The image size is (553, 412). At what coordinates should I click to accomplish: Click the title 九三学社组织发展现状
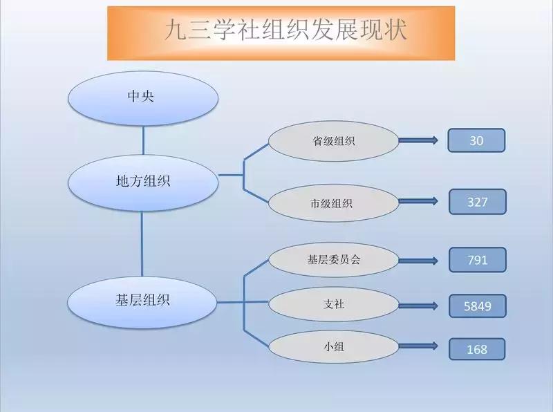(x=281, y=32)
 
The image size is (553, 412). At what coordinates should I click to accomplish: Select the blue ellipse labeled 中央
(x=143, y=97)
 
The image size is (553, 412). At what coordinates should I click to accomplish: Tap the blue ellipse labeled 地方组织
(x=143, y=181)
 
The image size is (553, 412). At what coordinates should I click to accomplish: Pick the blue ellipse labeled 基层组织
(x=143, y=300)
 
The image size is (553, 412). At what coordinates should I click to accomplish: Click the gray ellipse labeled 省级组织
(x=334, y=141)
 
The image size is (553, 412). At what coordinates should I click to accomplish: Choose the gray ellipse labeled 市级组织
(x=334, y=203)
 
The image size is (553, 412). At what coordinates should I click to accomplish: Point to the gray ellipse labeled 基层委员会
(x=334, y=260)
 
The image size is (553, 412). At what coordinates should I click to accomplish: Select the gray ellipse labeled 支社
(x=334, y=303)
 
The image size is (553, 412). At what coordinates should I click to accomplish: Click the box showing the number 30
(x=477, y=140)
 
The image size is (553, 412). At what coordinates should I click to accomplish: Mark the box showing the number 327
(x=478, y=202)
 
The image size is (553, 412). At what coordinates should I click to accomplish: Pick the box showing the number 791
(x=478, y=260)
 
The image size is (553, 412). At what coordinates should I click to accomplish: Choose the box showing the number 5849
(x=478, y=306)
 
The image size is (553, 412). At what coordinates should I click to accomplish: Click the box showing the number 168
(x=478, y=349)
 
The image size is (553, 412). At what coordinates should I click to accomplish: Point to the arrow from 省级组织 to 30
(x=419, y=141)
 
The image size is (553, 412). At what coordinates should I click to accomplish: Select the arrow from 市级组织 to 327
(x=419, y=202)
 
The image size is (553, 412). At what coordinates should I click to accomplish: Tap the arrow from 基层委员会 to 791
(x=419, y=261)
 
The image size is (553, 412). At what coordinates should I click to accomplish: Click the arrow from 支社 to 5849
(x=419, y=304)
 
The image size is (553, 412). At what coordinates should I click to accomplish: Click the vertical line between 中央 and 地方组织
(x=143, y=140)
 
